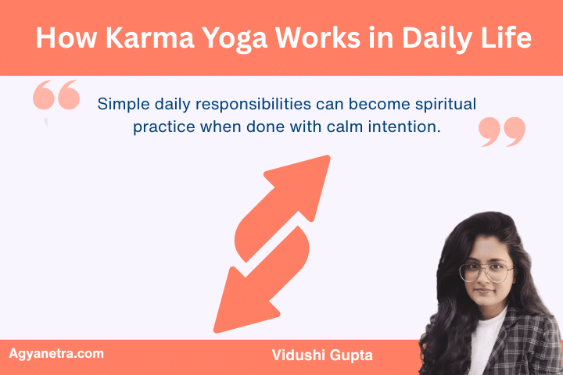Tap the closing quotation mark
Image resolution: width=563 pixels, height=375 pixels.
[x=501, y=132]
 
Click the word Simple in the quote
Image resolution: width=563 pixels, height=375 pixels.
[x=120, y=104]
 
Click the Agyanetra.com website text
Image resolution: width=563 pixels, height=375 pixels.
[x=56, y=354]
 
